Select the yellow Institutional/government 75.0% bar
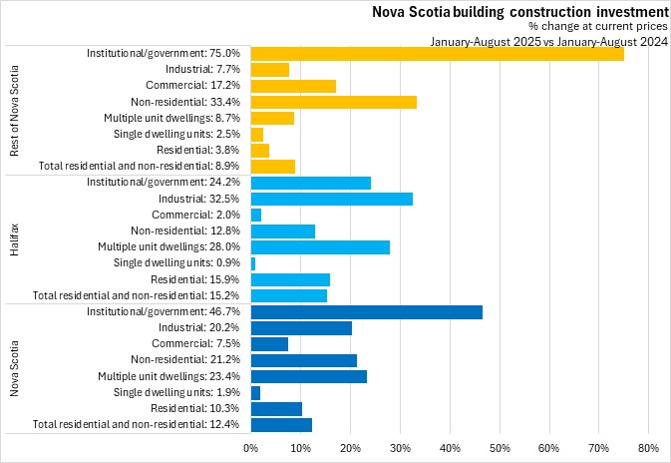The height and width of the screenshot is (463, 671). (437, 53)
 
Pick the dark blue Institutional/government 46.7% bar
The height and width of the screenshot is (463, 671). (367, 312)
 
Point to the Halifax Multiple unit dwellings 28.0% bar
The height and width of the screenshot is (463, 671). (320, 247)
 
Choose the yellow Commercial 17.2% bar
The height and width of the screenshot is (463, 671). (293, 86)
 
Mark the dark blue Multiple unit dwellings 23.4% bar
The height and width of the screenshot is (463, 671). (309, 377)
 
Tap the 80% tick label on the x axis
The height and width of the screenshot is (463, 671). (648, 447)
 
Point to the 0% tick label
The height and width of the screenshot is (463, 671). (251, 447)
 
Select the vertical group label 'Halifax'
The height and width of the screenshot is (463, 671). (14, 239)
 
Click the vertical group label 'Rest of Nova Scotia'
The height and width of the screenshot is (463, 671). (14, 110)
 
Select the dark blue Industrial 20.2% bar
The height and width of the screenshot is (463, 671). (301, 328)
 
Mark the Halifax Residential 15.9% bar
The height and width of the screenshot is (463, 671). (290, 279)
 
